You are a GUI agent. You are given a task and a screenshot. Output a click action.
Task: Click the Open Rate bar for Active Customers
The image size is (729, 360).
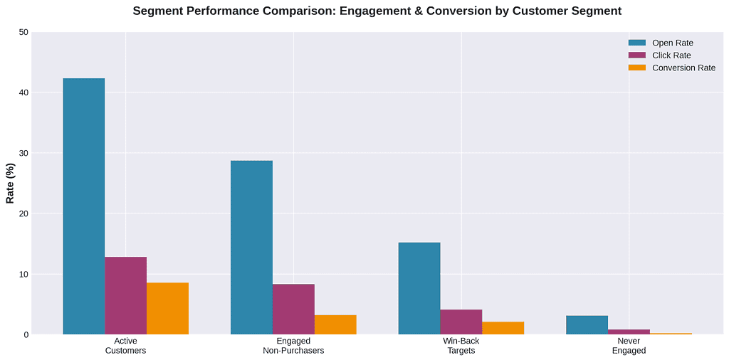[x=84, y=206]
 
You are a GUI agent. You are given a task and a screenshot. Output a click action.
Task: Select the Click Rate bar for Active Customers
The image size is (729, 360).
[x=126, y=296]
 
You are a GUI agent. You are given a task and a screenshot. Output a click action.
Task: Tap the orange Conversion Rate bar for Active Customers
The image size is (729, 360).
[x=168, y=309]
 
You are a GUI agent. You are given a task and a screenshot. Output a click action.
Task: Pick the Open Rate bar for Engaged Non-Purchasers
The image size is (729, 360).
[x=251, y=248]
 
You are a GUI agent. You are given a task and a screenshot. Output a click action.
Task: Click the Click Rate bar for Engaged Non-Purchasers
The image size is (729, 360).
[x=293, y=309]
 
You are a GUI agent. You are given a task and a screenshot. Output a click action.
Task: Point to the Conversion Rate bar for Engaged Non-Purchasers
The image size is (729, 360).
[x=335, y=325]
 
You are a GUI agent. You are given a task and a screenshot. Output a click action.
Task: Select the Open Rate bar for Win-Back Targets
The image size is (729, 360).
[x=419, y=289]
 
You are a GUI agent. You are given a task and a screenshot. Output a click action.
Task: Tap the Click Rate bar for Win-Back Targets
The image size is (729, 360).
[x=461, y=322]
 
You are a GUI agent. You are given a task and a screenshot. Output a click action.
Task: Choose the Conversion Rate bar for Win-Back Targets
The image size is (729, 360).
[x=503, y=328]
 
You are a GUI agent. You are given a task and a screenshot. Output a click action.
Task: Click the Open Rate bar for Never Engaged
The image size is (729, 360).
[x=587, y=325]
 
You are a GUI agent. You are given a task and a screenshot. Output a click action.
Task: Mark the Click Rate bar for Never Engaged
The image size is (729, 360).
[x=629, y=332]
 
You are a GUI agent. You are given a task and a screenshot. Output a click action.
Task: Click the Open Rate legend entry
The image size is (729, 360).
[x=672, y=43]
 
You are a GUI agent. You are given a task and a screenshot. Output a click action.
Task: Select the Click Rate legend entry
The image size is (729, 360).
[x=671, y=55]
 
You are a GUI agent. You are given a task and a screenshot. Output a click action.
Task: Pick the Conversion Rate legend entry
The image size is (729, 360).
[x=683, y=68]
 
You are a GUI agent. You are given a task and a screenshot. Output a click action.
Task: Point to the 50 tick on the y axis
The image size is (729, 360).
[x=24, y=32]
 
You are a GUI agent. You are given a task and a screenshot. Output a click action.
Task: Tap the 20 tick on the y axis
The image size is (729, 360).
[x=24, y=213]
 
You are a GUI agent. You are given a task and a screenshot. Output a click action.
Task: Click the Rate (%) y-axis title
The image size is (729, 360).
[x=10, y=184]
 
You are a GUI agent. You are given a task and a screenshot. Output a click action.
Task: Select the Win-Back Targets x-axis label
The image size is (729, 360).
[x=461, y=346]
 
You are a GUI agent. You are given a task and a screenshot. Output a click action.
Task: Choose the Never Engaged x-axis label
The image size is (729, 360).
[x=629, y=346]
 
